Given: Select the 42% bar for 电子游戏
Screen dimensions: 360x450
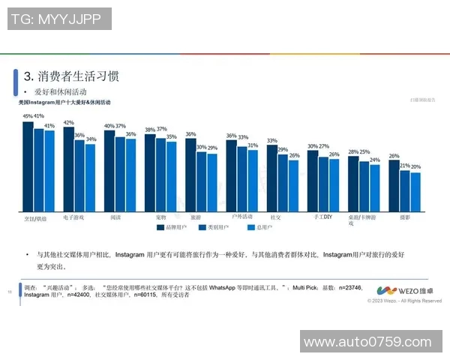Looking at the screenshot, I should click(68, 169).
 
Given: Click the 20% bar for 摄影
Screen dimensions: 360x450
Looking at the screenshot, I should click(415, 191).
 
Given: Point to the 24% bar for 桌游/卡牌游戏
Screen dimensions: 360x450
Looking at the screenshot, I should click(374, 187).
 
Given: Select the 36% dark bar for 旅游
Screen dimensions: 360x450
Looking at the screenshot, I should click(190, 175).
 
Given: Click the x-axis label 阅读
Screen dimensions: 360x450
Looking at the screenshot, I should click(115, 217).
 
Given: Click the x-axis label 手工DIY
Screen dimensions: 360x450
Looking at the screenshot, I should click(322, 217).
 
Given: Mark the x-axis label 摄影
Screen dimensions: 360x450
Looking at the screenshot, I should click(404, 217).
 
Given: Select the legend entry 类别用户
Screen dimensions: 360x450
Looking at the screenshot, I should click(215, 226).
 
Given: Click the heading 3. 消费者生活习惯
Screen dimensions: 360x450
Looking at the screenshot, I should click(71, 76).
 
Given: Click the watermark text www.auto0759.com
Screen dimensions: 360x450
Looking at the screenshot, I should click(373, 342).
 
